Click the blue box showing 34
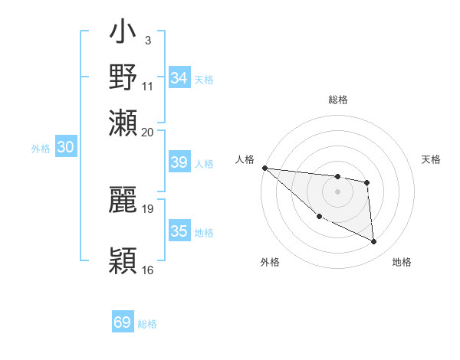[179, 78]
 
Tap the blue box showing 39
[179, 162]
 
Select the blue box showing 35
[179, 231]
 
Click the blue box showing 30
[66, 148]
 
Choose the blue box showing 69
[123, 322]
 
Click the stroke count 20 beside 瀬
[148, 132]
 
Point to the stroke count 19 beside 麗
[148, 208]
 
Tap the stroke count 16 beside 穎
[148, 270]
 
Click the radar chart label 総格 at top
[337, 100]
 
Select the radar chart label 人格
[245, 159]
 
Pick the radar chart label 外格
[270, 262]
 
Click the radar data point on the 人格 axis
[264, 168]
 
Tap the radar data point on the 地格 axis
[374, 242]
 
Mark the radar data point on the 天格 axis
[367, 182]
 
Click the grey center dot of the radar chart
[337, 191]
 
